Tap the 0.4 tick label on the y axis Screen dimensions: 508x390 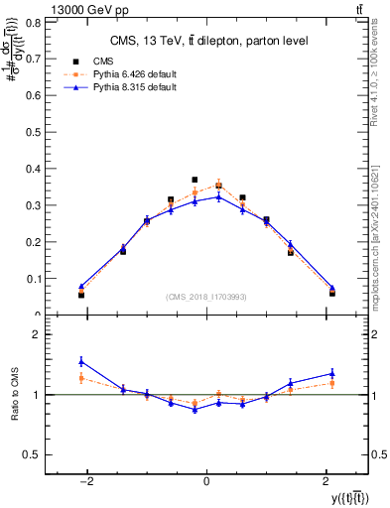(x=33, y=169)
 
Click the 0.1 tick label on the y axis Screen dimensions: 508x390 (x=33, y=279)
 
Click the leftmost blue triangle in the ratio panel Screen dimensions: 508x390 (x=81, y=361)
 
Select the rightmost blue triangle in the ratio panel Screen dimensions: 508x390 (x=332, y=373)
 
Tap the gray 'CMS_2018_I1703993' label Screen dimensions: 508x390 (x=206, y=296)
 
